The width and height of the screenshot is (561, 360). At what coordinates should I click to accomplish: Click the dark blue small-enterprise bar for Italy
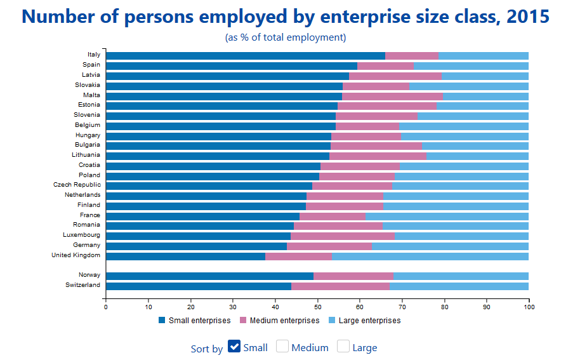click(246, 55)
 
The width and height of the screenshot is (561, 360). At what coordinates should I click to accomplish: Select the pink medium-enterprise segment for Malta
click(392, 96)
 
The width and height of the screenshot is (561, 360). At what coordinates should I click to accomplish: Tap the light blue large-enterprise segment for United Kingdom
click(430, 257)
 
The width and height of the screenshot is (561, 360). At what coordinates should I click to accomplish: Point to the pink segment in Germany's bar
click(329, 246)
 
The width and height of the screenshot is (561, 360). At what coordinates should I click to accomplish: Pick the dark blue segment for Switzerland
click(199, 286)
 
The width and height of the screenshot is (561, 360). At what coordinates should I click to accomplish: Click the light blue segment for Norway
click(461, 276)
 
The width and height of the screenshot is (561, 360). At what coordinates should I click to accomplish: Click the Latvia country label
click(91, 75)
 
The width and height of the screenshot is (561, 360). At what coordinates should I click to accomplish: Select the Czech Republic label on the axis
click(77, 185)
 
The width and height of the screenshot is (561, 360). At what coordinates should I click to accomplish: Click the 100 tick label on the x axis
click(529, 308)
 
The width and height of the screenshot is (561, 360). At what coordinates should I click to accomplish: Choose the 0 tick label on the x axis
click(106, 308)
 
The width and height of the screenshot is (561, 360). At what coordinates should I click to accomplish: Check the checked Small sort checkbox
click(234, 347)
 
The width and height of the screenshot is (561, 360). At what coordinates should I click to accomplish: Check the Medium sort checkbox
click(282, 347)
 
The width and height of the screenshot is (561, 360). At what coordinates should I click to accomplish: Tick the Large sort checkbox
click(343, 347)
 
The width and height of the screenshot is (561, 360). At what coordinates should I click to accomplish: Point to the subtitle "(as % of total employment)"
click(286, 37)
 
